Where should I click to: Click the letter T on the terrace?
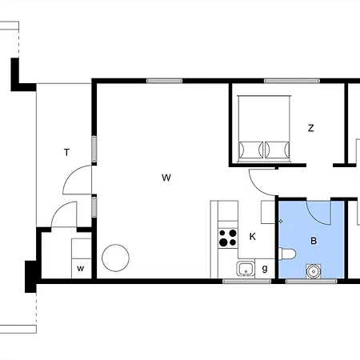[x=67, y=151]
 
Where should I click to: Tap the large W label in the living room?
[x=166, y=178]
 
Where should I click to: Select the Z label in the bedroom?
[x=311, y=128]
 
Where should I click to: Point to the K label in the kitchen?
[x=252, y=236]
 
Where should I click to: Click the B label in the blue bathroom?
[x=314, y=239]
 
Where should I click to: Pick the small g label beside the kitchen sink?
[x=265, y=268]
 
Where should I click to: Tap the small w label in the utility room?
[x=81, y=268]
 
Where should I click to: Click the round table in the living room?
[x=114, y=258]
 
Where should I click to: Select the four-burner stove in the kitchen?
[x=228, y=237]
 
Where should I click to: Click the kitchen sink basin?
[x=246, y=268]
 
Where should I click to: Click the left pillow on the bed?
[x=250, y=150]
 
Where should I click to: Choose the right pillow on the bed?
[x=277, y=150]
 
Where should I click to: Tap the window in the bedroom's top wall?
[x=287, y=81]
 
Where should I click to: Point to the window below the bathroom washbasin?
[x=312, y=282]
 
